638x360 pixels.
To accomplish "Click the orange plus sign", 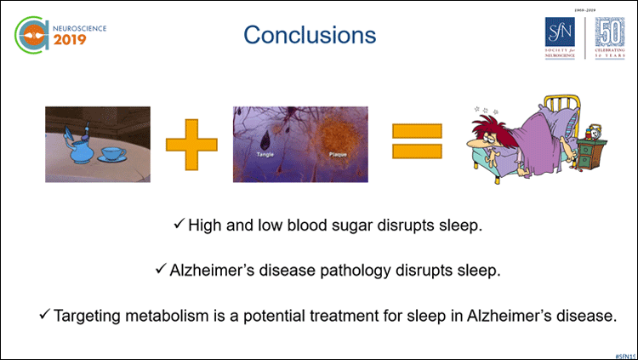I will [191, 142].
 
